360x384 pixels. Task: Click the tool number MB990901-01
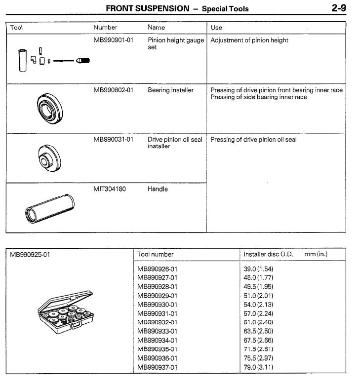tap(113, 40)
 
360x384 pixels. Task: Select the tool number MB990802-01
tap(113, 90)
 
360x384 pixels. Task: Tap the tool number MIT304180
tap(110, 189)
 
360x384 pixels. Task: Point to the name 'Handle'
tap(158, 189)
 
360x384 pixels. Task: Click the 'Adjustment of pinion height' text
tap(249, 40)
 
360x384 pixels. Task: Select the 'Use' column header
tap(216, 28)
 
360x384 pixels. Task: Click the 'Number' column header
tap(105, 28)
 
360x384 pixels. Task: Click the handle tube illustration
tap(49, 206)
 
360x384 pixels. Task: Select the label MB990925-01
tap(30, 255)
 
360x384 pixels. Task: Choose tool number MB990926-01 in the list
tap(157, 269)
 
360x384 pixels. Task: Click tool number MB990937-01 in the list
tap(157, 367)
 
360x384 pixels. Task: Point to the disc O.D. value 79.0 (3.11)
tap(258, 367)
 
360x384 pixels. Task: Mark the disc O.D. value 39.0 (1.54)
tap(258, 269)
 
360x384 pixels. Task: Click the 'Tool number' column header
tap(156, 255)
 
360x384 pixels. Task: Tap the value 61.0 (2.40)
tap(258, 322)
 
